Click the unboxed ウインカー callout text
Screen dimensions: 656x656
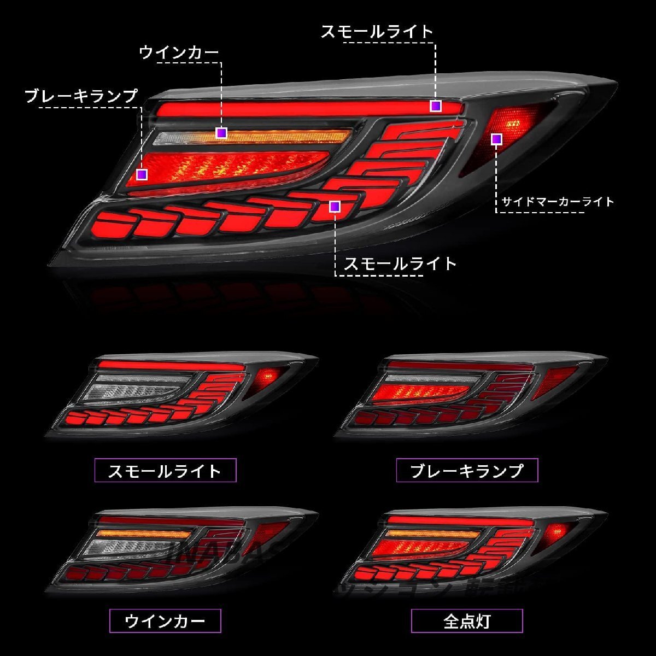coord(179,52)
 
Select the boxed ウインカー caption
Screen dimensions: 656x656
coord(165,621)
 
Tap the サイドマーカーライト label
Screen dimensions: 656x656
coord(558,202)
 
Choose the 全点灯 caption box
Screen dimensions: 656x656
coord(467,621)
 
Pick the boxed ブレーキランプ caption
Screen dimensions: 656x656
coord(467,470)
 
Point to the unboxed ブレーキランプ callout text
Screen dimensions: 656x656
coord(81,96)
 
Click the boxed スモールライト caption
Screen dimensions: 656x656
coord(165,470)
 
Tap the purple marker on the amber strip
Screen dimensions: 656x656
coord(221,133)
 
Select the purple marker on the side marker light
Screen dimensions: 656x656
coord(496,139)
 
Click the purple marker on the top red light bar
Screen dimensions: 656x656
coord(435,106)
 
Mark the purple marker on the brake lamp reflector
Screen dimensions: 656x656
coord(142,174)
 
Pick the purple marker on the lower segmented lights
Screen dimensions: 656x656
coord(335,206)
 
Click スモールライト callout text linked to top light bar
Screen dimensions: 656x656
coord(377,31)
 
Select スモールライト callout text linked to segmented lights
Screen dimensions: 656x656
coord(400,264)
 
